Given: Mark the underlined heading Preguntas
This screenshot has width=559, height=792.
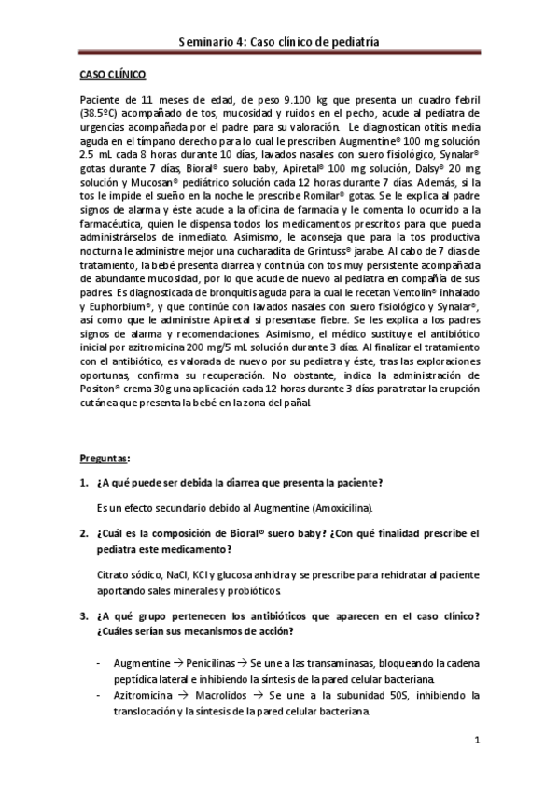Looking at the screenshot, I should point(102,459).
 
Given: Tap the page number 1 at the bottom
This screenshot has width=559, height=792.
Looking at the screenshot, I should point(477,742).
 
